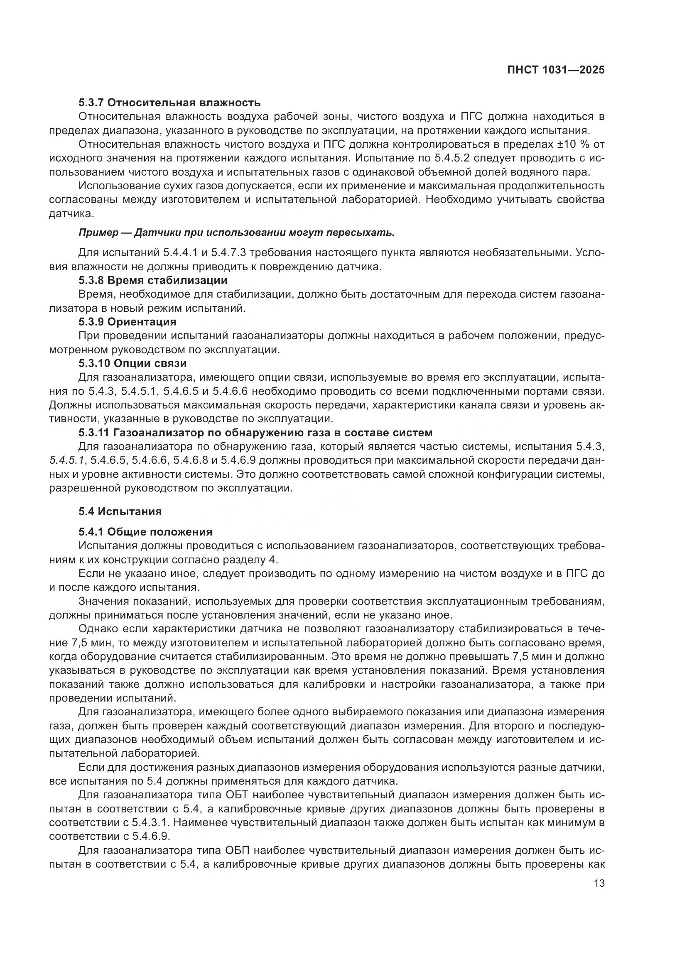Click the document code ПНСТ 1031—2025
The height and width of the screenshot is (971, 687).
coord(556,70)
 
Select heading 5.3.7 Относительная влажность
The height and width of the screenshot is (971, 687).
coord(169,103)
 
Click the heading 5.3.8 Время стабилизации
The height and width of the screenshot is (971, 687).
coord(153,280)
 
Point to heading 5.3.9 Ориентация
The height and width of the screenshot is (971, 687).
coord(128,322)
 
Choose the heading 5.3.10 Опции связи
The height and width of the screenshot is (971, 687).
coord(132,363)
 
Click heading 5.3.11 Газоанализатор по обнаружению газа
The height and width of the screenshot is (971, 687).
coord(255,433)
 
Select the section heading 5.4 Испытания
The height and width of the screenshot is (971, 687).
coord(120,511)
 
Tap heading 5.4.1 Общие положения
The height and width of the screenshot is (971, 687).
coord(145,532)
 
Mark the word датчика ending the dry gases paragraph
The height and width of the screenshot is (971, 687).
coord(70,213)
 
